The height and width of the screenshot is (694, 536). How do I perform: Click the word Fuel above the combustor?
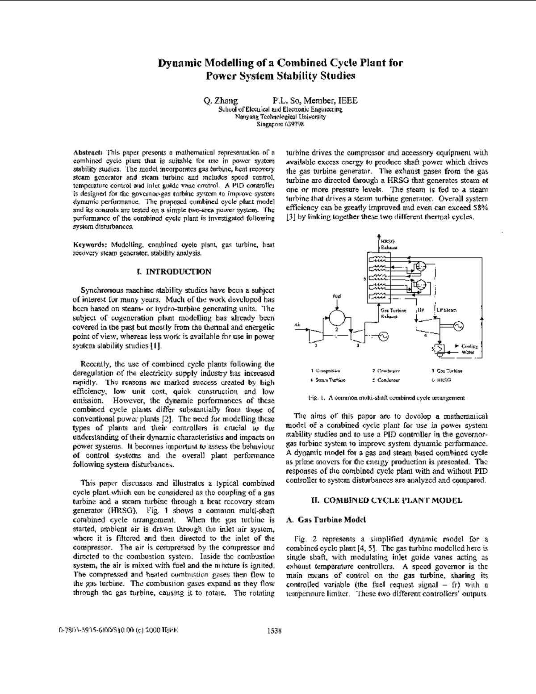click(337, 296)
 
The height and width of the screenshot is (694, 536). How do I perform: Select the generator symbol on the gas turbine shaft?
click(383, 336)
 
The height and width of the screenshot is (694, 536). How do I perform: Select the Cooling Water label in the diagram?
click(469, 349)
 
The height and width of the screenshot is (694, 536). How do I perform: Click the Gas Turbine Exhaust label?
click(393, 313)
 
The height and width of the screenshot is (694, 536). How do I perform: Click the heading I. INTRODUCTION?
click(173, 272)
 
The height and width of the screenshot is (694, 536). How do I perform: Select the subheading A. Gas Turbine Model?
click(326, 520)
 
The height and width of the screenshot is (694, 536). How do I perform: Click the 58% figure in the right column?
click(480, 208)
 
